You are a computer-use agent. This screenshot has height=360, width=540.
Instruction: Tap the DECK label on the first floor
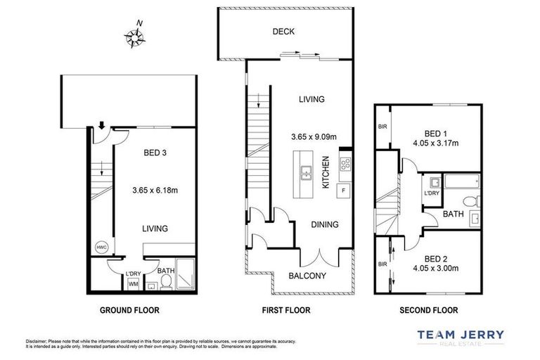click(284, 32)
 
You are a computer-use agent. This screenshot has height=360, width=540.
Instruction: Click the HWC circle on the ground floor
click(101, 247)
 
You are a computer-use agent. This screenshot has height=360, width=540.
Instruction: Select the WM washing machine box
click(133, 284)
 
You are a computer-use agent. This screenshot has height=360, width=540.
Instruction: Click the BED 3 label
click(155, 151)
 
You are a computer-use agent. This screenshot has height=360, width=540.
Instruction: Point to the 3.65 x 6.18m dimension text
click(155, 189)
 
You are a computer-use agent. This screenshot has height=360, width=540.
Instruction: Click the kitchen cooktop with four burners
click(346, 165)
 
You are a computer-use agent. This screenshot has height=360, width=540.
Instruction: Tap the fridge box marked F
click(343, 190)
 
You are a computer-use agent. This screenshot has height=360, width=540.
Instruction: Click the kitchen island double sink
click(307, 172)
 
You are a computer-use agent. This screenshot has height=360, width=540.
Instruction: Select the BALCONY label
click(307, 276)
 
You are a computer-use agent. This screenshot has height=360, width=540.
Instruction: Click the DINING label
click(324, 225)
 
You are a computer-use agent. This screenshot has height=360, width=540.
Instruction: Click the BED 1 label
click(436, 134)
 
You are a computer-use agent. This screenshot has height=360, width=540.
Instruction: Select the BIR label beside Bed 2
click(382, 264)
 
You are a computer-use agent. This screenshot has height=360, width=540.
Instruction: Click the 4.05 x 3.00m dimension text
click(436, 268)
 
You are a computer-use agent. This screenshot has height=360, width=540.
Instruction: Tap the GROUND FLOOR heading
click(129, 310)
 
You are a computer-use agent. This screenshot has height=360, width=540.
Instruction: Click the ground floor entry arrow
click(101, 127)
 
